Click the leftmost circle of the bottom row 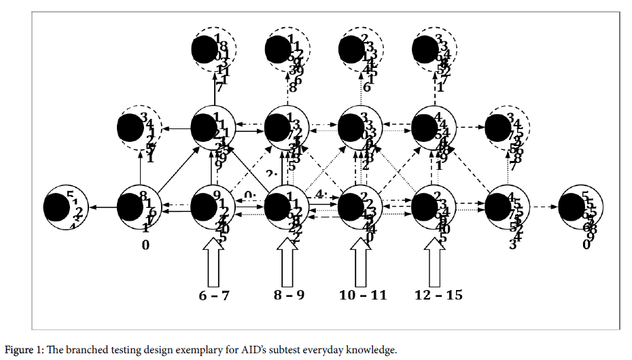point(63,206)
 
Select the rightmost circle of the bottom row point(579,206)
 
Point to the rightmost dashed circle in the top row point(435,49)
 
